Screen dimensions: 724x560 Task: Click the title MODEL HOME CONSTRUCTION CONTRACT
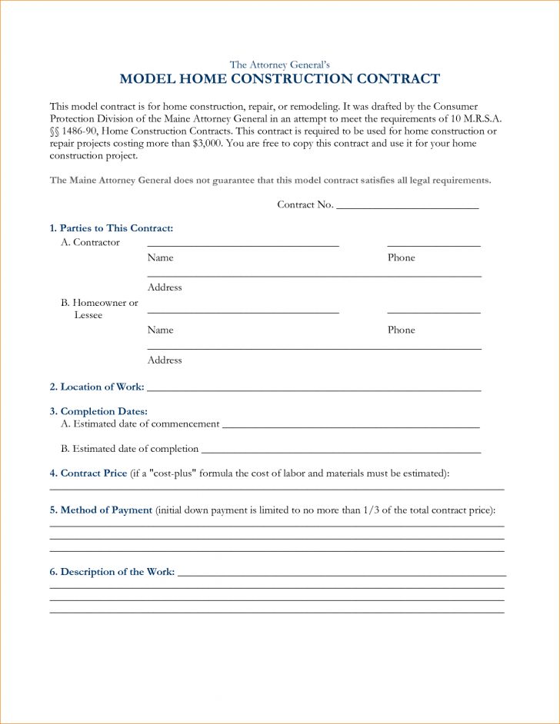[280, 79]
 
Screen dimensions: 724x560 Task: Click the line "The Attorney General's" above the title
[280, 64]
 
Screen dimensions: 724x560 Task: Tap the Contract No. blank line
[407, 208]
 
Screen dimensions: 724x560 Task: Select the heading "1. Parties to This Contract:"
[112, 228]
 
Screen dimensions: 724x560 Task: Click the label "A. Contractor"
[90, 242]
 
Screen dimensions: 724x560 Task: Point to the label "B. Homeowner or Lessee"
[99, 309]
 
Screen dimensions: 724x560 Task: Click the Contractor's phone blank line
[434, 245]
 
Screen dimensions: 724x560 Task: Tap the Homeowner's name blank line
[243, 312]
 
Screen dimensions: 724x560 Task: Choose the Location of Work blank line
[313, 390]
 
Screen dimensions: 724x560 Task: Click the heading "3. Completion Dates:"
[98, 411]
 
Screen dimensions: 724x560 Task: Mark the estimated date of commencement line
[350, 426]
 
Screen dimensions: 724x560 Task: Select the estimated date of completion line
[340, 451]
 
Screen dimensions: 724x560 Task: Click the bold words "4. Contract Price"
[88, 473]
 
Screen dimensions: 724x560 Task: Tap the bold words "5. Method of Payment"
[101, 510]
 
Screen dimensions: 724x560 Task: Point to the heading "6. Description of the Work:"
[112, 572]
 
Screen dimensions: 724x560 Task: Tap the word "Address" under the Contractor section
[165, 287]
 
